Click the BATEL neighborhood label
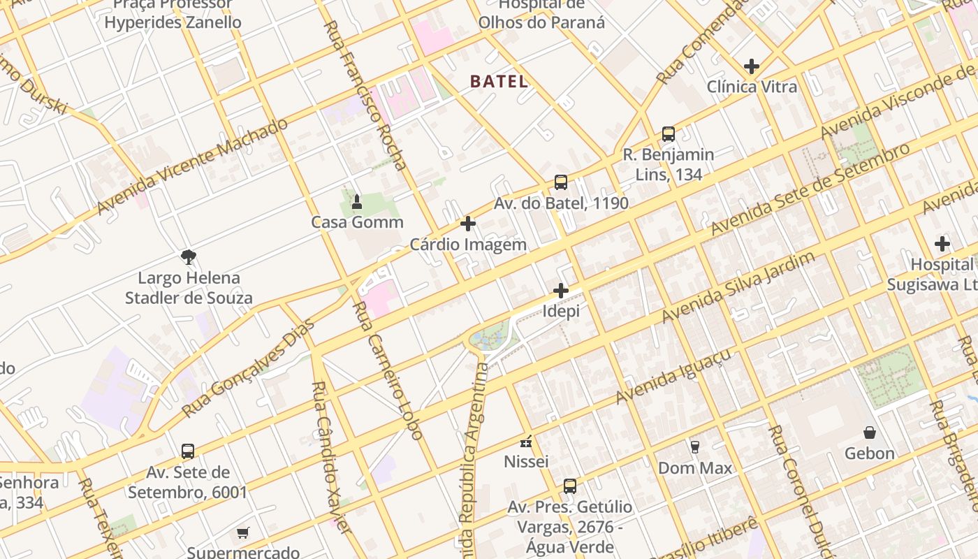point(499,81)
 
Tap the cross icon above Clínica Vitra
point(752,66)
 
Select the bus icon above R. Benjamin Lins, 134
point(669,133)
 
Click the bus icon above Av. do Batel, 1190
point(561,182)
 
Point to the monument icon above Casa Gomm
point(357,202)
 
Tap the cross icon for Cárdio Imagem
point(468,224)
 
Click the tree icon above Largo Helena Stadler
point(188,257)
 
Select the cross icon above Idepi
point(561,291)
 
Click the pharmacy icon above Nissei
point(526,442)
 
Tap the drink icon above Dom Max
point(695,447)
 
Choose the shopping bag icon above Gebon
point(870,433)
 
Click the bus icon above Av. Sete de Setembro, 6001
point(187,451)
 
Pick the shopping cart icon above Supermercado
point(242,533)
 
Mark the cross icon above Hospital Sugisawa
point(942,244)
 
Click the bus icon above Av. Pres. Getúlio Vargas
point(570,486)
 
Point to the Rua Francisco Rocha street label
point(365,96)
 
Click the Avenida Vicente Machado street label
point(192,166)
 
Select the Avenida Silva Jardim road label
point(738,287)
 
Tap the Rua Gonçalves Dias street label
point(249,368)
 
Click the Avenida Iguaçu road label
point(673,376)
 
